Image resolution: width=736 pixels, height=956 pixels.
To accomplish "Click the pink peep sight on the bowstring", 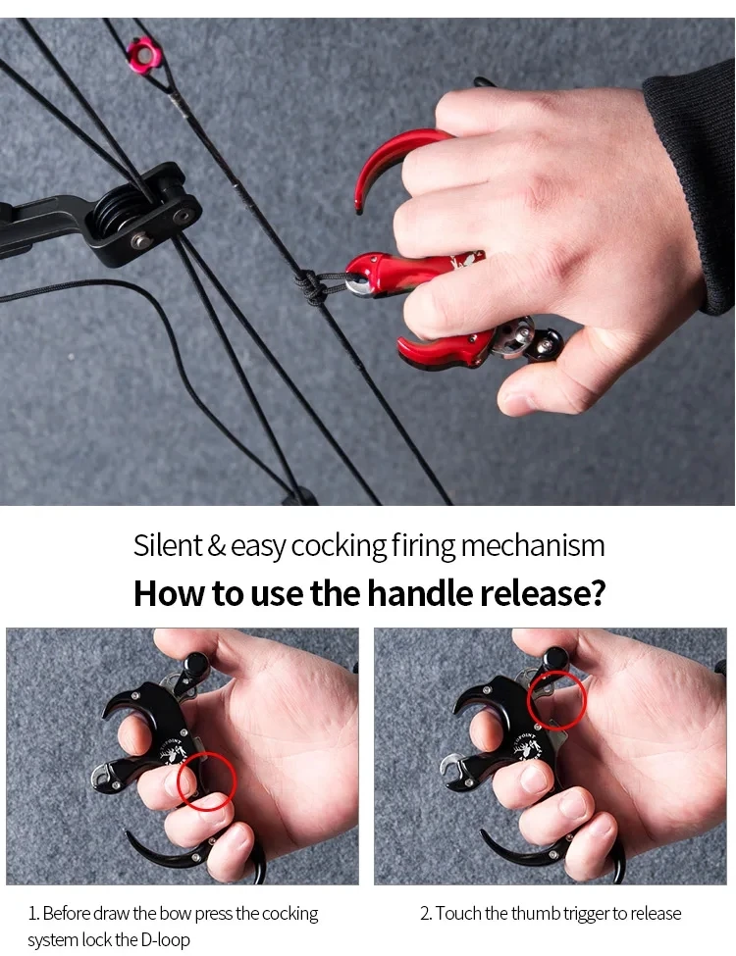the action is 144,55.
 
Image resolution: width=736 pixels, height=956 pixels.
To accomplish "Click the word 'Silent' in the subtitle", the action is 167,545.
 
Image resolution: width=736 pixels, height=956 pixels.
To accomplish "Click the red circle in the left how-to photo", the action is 207,781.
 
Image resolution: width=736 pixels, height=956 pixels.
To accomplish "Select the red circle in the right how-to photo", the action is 556,700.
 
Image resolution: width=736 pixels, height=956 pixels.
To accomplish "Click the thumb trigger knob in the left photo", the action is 196,663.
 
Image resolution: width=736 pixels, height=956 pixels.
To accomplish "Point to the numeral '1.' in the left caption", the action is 34,913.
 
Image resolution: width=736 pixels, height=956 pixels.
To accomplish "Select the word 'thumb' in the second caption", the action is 535,913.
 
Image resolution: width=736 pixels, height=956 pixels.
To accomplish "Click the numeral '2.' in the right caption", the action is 426,913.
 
